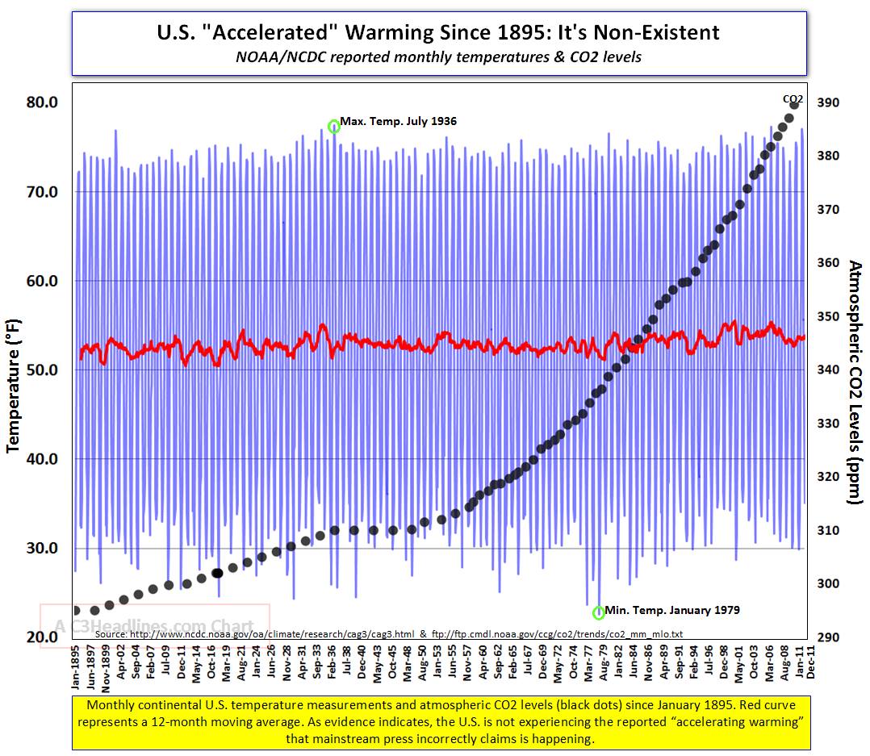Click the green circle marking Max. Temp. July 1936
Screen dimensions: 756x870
tap(334, 126)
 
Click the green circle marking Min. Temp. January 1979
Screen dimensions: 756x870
tap(599, 613)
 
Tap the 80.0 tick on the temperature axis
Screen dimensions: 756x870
tap(43, 102)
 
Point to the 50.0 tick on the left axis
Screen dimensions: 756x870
tap(43, 370)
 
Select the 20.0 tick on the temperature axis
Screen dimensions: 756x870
tap(43, 637)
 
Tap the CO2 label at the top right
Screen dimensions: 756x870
tap(793, 98)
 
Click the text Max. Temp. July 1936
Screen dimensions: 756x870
tap(398, 122)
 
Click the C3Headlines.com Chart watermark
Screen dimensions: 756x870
tap(153, 625)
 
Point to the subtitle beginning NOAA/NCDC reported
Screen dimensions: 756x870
tap(439, 57)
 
